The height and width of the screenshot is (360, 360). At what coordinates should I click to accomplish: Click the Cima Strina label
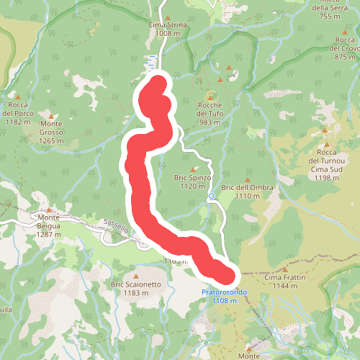(167, 29)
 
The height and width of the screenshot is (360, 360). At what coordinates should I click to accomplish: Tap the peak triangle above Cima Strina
(167, 17)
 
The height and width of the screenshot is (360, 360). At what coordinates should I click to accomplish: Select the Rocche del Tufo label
(212, 114)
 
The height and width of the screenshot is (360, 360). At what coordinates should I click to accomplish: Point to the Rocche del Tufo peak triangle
(211, 96)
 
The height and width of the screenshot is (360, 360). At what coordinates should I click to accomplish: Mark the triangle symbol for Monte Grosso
(51, 114)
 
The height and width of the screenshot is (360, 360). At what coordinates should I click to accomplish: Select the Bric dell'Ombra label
(245, 192)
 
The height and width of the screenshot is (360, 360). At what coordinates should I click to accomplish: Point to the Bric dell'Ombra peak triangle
(248, 180)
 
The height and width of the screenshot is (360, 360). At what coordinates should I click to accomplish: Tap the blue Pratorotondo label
(224, 296)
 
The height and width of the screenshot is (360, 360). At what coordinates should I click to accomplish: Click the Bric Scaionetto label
(135, 289)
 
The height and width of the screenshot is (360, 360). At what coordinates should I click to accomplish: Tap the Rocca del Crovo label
(345, 48)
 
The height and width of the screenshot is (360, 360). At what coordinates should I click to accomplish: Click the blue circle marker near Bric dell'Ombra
(212, 195)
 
